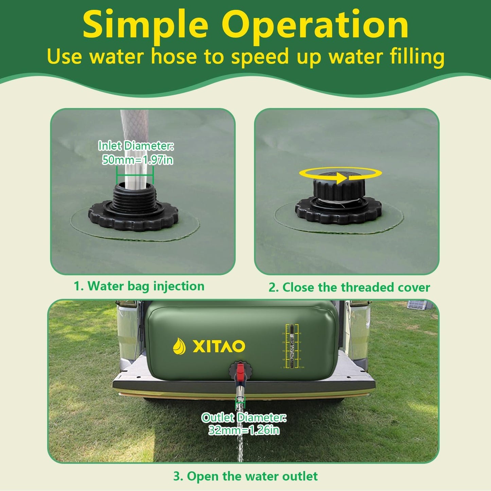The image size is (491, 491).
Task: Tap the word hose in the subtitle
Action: click(x=174, y=56)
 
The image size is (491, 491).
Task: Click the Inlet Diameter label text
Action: click(x=136, y=146)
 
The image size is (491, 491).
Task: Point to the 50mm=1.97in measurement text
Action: click(x=138, y=159)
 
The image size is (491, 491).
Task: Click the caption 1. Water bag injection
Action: click(x=139, y=286)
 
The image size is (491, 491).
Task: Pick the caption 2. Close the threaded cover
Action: click(x=349, y=287)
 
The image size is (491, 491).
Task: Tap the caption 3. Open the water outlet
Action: click(x=245, y=476)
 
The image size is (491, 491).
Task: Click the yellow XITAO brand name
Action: click(x=219, y=346)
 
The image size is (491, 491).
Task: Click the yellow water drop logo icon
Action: click(x=179, y=346)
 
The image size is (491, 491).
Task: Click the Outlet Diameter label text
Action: click(x=244, y=418)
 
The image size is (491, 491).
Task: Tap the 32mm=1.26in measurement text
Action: click(x=244, y=430)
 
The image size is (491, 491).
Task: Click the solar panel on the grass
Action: click(x=417, y=304)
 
